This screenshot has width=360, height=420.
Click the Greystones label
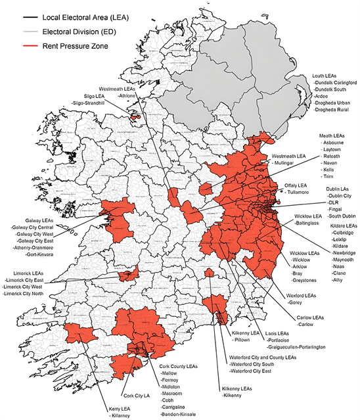click(x=305, y=280)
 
